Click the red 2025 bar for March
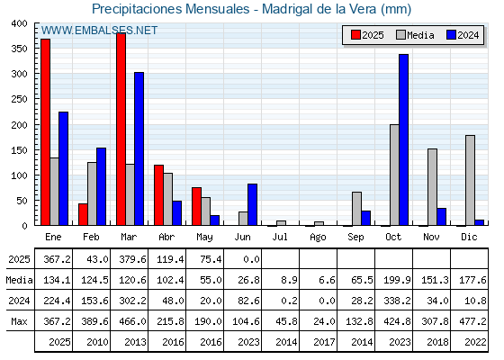click(121, 129)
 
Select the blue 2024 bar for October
click(404, 139)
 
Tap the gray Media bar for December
click(470, 180)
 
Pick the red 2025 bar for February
click(83, 214)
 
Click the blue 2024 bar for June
click(252, 204)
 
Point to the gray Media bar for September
click(356, 209)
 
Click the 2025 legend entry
click(367, 35)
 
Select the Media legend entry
click(415, 35)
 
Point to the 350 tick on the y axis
click(19, 49)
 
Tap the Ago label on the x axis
click(318, 238)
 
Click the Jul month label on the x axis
click(280, 237)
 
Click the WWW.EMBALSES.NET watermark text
click(99, 31)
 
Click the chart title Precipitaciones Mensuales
click(171, 9)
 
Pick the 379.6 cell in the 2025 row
click(132, 259)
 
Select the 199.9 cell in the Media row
click(397, 280)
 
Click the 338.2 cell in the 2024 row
click(397, 301)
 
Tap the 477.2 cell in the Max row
click(472, 321)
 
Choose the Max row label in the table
click(19, 321)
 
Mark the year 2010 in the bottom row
click(97, 342)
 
